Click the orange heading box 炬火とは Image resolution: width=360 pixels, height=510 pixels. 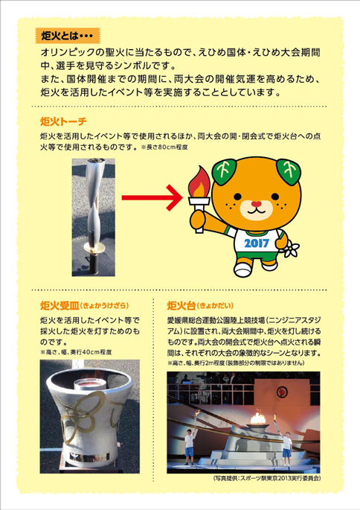click(68, 36)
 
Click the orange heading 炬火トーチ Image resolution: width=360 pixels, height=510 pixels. click(63, 121)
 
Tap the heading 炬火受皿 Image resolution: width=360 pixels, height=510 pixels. click(60, 305)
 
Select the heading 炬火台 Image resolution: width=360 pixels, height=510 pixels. click(181, 305)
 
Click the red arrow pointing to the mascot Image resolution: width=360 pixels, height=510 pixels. click(152, 197)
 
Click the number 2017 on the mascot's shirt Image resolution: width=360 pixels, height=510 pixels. click(257, 243)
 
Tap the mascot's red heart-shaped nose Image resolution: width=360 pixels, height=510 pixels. click(256, 204)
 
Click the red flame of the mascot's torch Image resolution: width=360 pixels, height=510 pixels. click(199, 182)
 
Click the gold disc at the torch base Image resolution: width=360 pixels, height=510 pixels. click(94, 248)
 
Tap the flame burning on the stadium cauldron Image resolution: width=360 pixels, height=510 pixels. click(258, 418)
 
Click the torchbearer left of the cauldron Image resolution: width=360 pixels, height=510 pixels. click(190, 445)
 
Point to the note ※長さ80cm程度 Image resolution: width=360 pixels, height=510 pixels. click(164, 147)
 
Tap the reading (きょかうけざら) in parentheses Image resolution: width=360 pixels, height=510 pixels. click(105, 306)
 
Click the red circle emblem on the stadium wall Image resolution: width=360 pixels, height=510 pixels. click(282, 392)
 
